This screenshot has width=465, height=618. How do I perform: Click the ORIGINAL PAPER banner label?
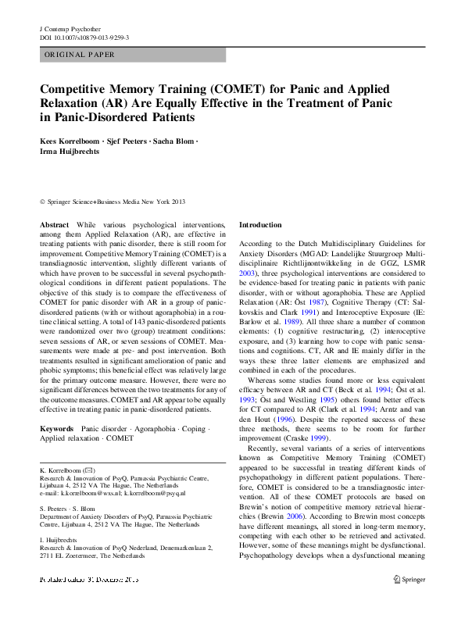tap(80, 55)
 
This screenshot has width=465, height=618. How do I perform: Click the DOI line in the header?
tap(84, 37)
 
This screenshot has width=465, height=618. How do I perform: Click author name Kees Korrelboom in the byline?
tap(72, 141)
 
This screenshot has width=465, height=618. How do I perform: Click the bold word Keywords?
tap(58, 429)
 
